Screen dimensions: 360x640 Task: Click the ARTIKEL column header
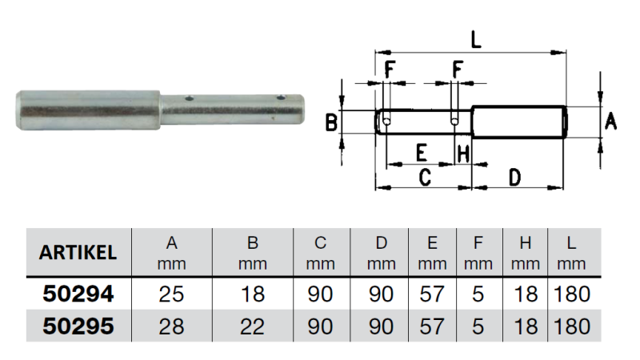point(78,252)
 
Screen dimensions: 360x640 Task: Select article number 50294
point(78,294)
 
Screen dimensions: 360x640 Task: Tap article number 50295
point(78,326)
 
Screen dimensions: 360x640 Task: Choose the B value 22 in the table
point(252,326)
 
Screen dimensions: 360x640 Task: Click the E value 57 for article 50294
point(432,294)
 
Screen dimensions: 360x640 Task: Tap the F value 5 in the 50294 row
point(478,294)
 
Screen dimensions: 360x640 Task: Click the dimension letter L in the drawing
point(475,38)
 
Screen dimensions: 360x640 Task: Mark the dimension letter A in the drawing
point(610,122)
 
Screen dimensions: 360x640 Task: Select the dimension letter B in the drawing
point(331,122)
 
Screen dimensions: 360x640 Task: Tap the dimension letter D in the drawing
point(516,176)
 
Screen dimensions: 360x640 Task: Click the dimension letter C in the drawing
point(425,176)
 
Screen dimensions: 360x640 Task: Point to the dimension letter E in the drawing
point(421,152)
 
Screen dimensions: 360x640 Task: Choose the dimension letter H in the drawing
point(462,152)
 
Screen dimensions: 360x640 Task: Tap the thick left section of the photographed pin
point(88,110)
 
